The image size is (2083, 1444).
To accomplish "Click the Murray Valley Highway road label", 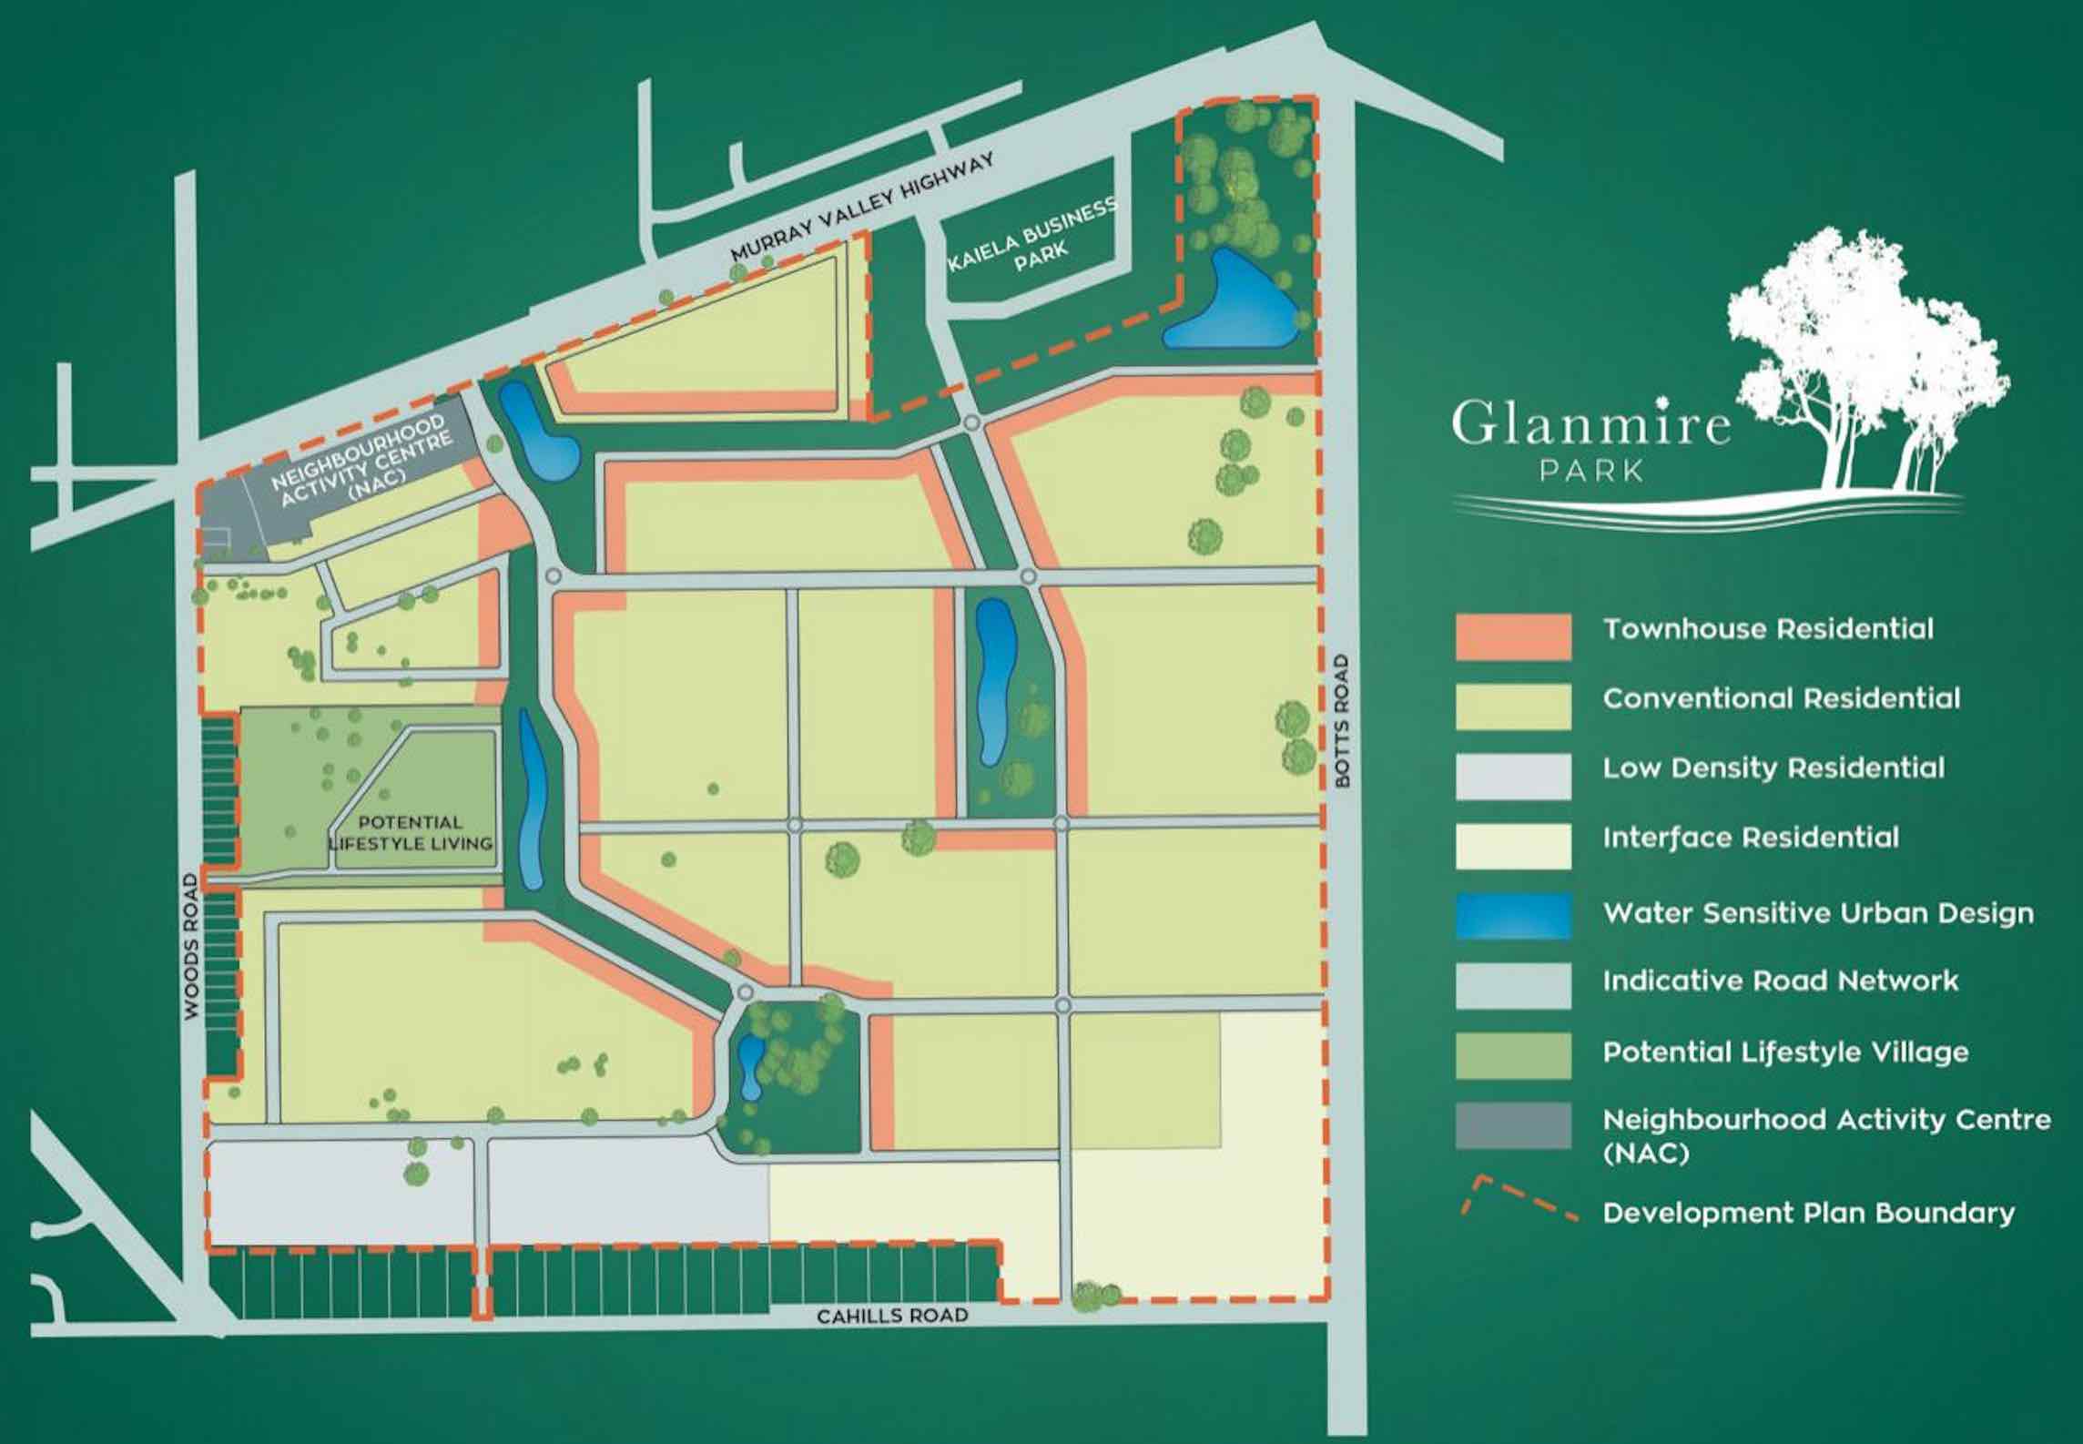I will click(x=863, y=207).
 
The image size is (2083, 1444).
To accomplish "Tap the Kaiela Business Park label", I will click(x=1032, y=236).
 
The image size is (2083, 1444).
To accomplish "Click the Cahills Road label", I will click(x=891, y=1316).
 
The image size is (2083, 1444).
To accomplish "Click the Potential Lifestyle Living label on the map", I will click(x=411, y=833).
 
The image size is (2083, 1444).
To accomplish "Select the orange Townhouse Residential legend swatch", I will click(x=1513, y=636).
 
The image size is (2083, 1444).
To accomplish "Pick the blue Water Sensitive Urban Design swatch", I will click(x=1513, y=915).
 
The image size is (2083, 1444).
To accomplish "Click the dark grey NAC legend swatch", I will click(x=1513, y=1126).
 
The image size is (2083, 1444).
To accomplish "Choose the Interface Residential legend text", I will click(x=1751, y=837).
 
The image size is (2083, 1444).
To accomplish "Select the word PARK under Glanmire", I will click(x=1591, y=471).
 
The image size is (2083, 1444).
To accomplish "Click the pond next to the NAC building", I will click(x=538, y=432).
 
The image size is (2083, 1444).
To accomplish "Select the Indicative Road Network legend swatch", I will click(x=1513, y=986).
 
